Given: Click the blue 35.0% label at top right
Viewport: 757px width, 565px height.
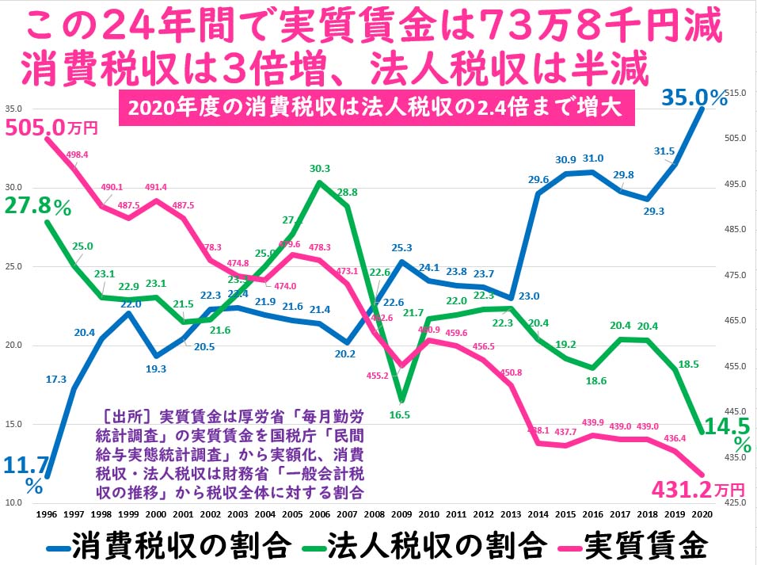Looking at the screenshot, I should [694, 97].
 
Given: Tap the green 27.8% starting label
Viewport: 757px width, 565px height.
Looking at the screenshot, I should [38, 206].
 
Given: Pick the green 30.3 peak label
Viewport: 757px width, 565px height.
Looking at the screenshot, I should [320, 168].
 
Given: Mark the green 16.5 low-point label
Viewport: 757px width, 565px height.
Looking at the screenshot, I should [400, 414].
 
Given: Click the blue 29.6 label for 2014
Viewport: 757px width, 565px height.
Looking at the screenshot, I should [538, 179].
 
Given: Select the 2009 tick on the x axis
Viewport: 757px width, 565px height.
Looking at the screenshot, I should [401, 513].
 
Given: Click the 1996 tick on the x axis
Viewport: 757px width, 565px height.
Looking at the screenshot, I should [47, 513].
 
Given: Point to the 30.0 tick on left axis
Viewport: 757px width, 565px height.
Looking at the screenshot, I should [13, 188].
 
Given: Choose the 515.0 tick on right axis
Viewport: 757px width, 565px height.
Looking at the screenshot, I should [737, 93].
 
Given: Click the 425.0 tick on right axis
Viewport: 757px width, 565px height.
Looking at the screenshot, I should [737, 502].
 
